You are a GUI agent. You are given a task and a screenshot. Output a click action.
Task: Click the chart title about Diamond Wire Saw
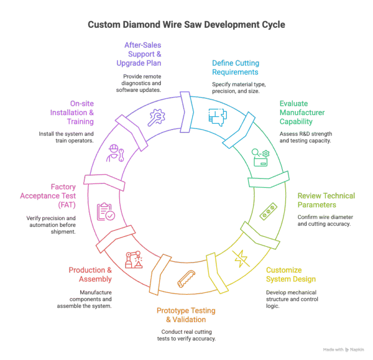pos(186,24)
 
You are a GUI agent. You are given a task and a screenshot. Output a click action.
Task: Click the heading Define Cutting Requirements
pos(236,68)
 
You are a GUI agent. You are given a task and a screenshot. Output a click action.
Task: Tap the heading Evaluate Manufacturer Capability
pos(302,113)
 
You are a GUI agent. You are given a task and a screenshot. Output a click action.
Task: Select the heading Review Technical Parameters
pos(326,200)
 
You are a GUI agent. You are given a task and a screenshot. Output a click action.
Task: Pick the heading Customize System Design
pos(290,274)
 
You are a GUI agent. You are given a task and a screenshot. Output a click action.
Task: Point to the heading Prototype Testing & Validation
pos(186,315)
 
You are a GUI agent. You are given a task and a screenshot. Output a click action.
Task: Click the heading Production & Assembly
pos(90,274)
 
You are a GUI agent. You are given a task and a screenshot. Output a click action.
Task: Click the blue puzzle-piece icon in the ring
pos(217,117)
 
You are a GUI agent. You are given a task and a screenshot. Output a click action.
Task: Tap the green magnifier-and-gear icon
pos(260,157)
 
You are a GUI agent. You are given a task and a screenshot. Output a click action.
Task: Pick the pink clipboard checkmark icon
pos(106,212)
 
